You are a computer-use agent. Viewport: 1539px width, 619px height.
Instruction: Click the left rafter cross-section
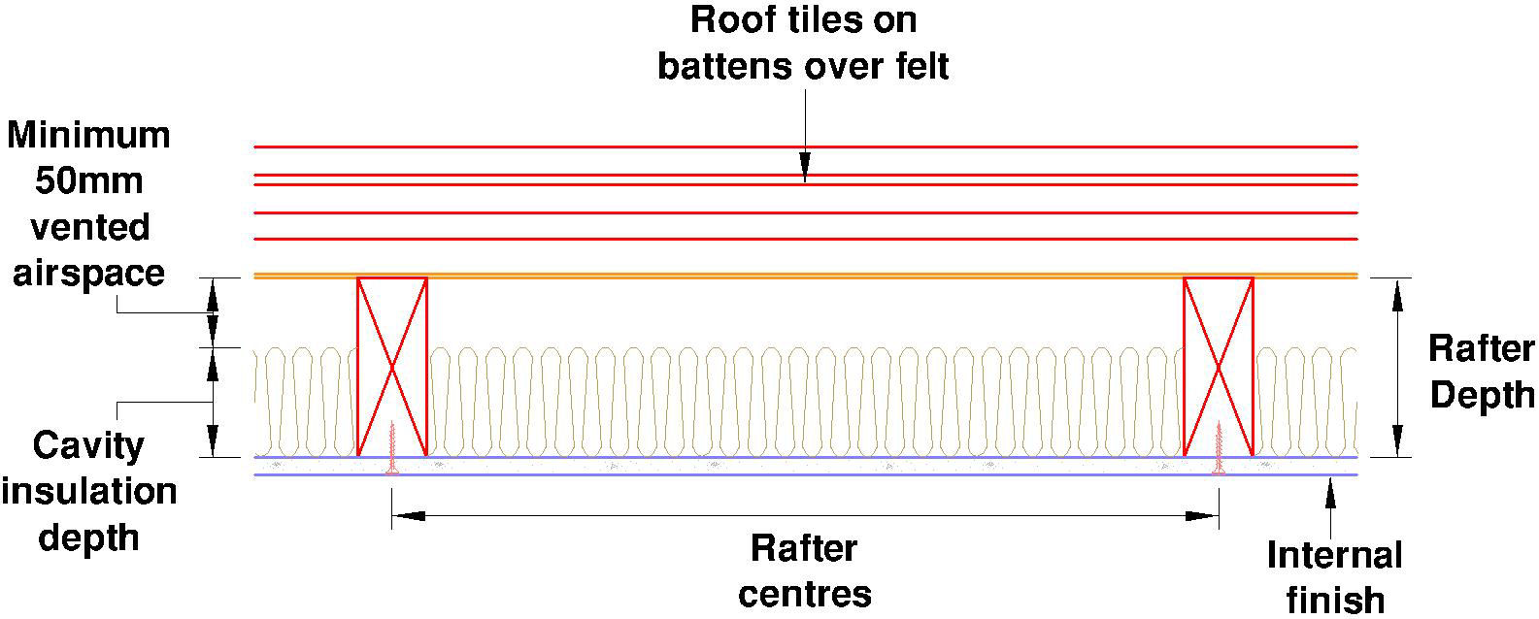pyautogui.click(x=392, y=367)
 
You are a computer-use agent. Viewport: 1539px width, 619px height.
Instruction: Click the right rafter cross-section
pyautogui.click(x=1218, y=367)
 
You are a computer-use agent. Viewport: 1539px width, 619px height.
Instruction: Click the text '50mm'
pyautogui.click(x=89, y=181)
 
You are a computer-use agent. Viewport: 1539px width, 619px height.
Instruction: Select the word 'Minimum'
pyautogui.click(x=89, y=135)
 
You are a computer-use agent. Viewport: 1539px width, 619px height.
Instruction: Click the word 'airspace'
pyautogui.click(x=87, y=273)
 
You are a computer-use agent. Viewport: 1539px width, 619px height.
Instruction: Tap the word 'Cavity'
pyautogui.click(x=88, y=446)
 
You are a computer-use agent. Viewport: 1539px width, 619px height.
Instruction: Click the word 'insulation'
pyautogui.click(x=89, y=491)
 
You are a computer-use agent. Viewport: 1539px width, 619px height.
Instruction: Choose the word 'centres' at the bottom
pyautogui.click(x=804, y=593)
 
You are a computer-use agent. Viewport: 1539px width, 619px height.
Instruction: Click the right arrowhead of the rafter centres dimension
pyautogui.click(x=1204, y=516)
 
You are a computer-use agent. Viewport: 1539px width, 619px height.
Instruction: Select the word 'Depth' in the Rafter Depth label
pyautogui.click(x=1482, y=395)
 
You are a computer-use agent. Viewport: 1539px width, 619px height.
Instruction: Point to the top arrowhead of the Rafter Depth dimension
pyautogui.click(x=1397, y=294)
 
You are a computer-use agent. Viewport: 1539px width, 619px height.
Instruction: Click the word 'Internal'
pyautogui.click(x=1335, y=556)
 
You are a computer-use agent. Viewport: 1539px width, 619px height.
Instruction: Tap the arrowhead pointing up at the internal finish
pyautogui.click(x=1329, y=492)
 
